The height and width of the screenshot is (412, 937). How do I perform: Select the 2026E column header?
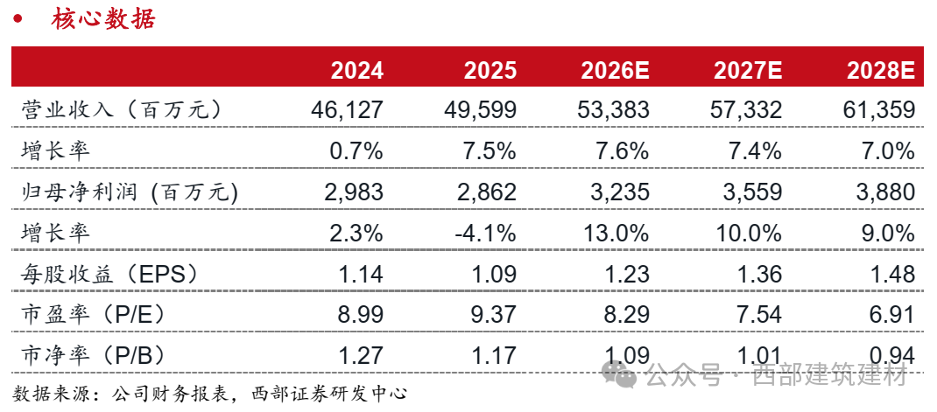click(x=614, y=70)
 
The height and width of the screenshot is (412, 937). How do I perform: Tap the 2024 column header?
click(x=356, y=70)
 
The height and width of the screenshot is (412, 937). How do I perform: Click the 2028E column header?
click(x=880, y=70)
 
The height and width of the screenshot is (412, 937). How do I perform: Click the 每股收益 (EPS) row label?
click(x=110, y=273)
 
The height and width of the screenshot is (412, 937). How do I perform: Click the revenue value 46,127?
click(x=347, y=110)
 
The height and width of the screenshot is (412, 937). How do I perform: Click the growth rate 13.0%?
click(x=613, y=233)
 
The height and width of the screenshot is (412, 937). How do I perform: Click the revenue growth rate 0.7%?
click(x=356, y=151)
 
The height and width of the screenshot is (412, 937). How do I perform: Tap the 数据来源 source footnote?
click(x=210, y=393)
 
